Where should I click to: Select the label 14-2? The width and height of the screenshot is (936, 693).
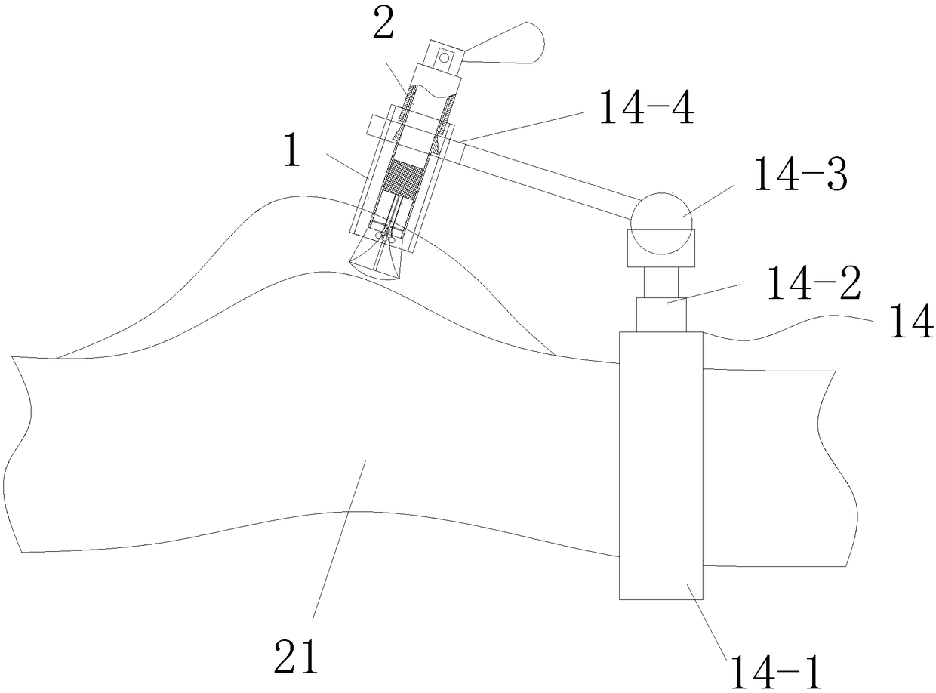pos(813,283)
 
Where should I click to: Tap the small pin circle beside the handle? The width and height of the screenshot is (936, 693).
pos(445,56)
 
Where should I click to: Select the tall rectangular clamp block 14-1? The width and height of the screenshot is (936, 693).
pos(660,465)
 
